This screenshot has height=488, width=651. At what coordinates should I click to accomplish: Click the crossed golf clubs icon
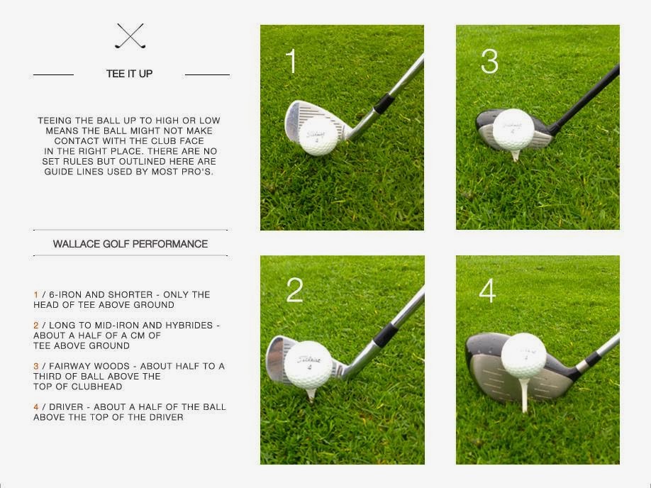[130, 36]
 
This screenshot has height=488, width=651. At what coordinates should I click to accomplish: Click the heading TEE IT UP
[129, 74]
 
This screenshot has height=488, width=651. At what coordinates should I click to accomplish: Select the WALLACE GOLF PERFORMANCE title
[130, 244]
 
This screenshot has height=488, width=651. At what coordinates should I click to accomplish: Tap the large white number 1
[291, 62]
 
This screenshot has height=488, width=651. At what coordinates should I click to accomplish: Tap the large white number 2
[294, 290]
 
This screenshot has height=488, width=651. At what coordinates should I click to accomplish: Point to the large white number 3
[489, 62]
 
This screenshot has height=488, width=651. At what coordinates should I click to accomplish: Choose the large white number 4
[487, 291]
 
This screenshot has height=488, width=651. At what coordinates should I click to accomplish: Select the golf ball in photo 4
[523, 355]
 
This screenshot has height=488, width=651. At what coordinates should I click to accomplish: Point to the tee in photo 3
[516, 155]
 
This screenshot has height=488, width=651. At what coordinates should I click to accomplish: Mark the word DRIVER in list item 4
[62, 407]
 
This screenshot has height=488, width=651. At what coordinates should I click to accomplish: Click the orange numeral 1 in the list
[35, 294]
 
